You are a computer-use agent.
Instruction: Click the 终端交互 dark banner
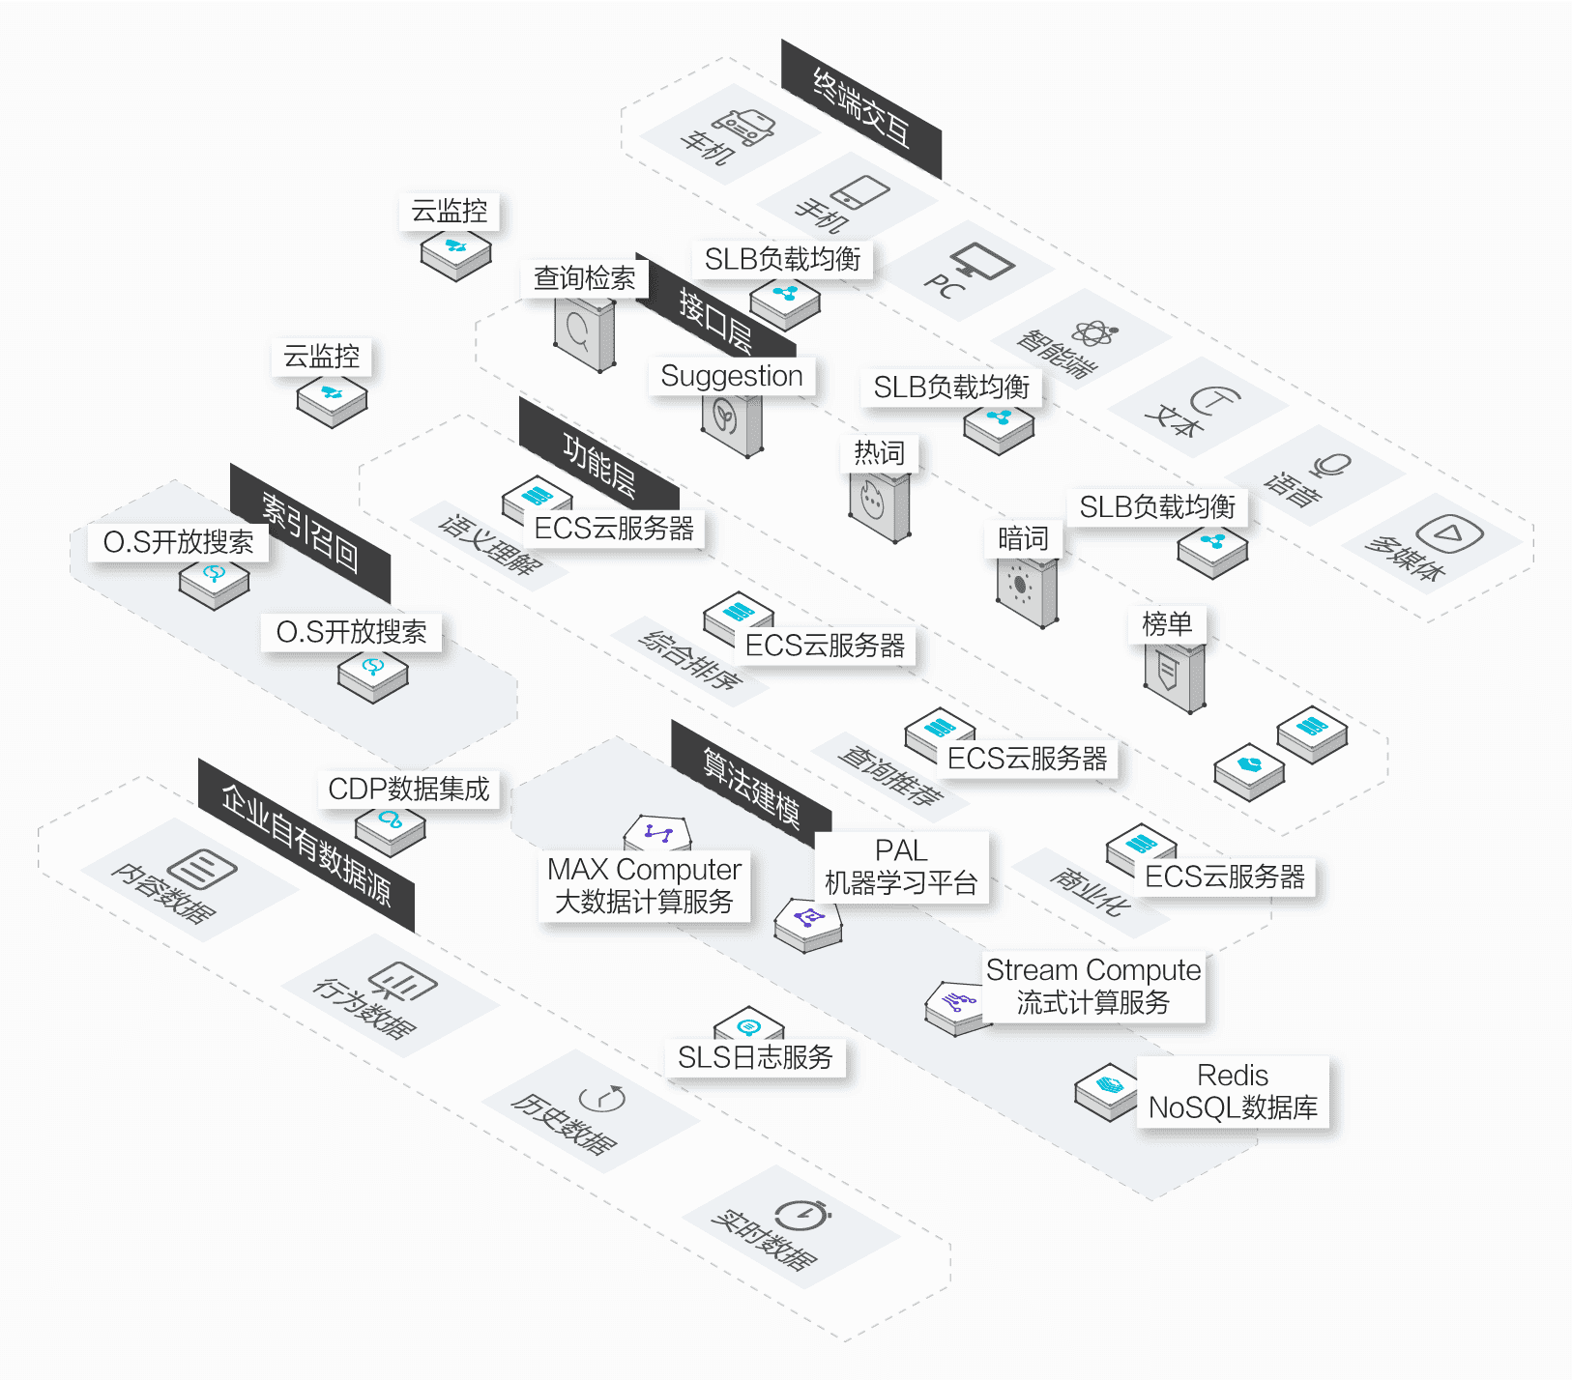860,108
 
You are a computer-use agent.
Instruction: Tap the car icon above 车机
744,125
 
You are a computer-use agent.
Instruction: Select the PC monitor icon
981,261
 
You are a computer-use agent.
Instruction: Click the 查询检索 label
585,278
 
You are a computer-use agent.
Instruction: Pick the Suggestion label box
732,376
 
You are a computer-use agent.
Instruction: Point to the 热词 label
879,452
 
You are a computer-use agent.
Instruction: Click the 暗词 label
1023,538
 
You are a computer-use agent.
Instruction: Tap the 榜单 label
1167,624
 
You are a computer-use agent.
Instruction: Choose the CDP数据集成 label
409,789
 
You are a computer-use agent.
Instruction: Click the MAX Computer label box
644,885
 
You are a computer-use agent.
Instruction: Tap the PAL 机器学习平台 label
901,867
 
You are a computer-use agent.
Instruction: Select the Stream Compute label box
1093,986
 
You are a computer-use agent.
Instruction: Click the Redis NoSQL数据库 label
1233,1091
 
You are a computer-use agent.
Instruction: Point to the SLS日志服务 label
755,1057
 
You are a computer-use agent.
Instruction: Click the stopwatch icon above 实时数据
801,1215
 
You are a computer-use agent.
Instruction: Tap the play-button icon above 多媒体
1448,533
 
